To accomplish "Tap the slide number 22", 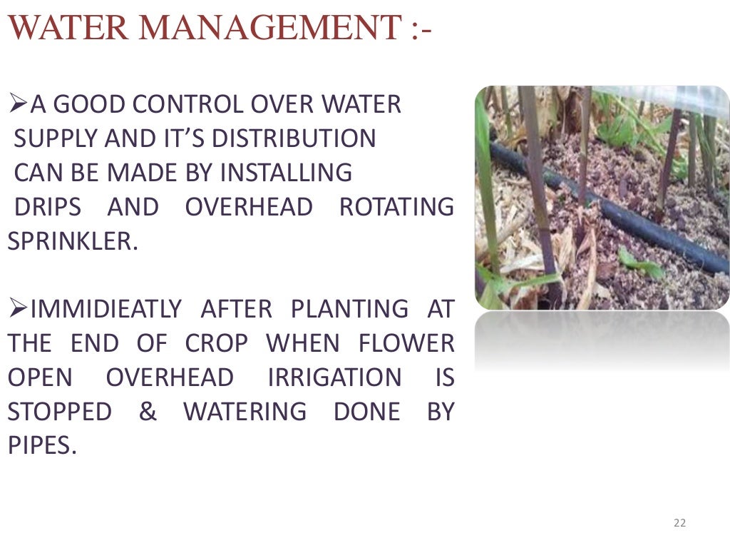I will pyautogui.click(x=679, y=524).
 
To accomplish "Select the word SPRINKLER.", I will pyautogui.click(x=71, y=241).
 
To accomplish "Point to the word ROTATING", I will pyautogui.click(x=396, y=208).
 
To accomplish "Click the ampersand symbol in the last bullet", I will pyautogui.click(x=148, y=412).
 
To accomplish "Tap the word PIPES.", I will pyautogui.click(x=41, y=447).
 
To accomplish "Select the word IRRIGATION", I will pyautogui.click(x=334, y=378).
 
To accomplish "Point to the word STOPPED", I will pyautogui.click(x=60, y=412).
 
